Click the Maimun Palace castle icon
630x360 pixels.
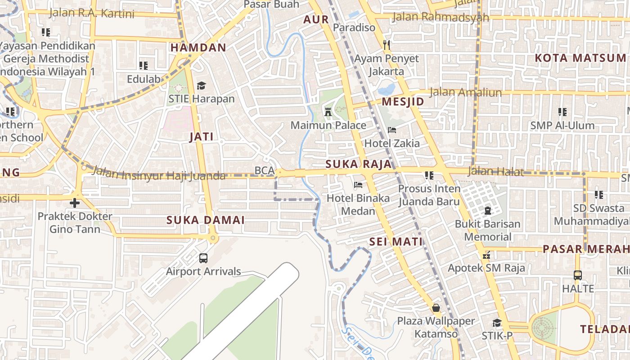328,112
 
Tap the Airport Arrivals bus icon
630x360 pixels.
203,258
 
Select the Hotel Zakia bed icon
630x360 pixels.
392,130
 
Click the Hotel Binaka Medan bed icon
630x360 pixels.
358,185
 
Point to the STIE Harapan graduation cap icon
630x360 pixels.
201,85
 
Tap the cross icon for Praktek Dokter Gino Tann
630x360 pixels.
75,203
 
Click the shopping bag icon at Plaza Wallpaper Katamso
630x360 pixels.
436,308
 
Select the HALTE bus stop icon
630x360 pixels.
578,275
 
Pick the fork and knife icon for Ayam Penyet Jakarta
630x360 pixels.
386,45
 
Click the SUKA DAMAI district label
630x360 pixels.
206,220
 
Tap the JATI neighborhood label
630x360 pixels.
201,137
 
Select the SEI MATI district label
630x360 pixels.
396,242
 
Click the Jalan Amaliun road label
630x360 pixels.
465,93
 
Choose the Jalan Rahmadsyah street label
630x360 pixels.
441,18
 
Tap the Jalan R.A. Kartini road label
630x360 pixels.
92,13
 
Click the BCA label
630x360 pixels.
265,171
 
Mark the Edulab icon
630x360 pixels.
144,66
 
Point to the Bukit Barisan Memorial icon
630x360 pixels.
487,210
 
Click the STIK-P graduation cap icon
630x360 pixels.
497,323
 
